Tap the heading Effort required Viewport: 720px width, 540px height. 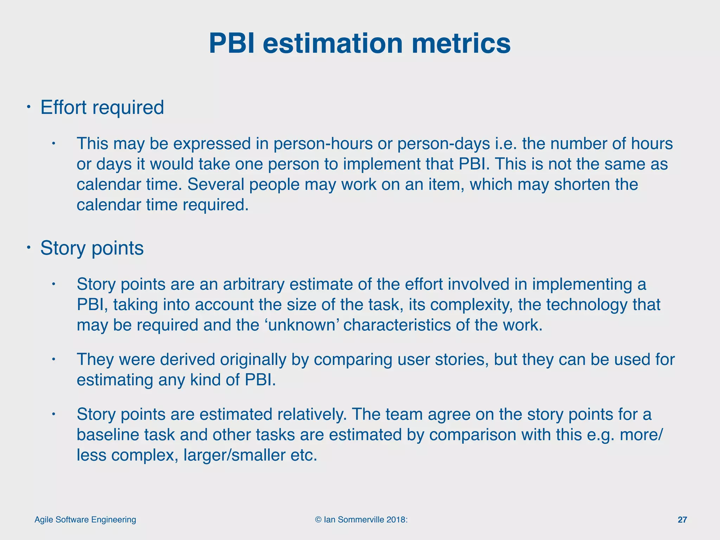pos(102,107)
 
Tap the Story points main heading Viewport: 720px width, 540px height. pos(92,248)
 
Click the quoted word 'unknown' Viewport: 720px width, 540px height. pos(301,325)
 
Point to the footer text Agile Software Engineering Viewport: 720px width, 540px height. pos(85,520)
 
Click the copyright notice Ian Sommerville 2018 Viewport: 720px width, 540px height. pos(361,520)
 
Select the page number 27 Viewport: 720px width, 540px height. pos(682,520)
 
